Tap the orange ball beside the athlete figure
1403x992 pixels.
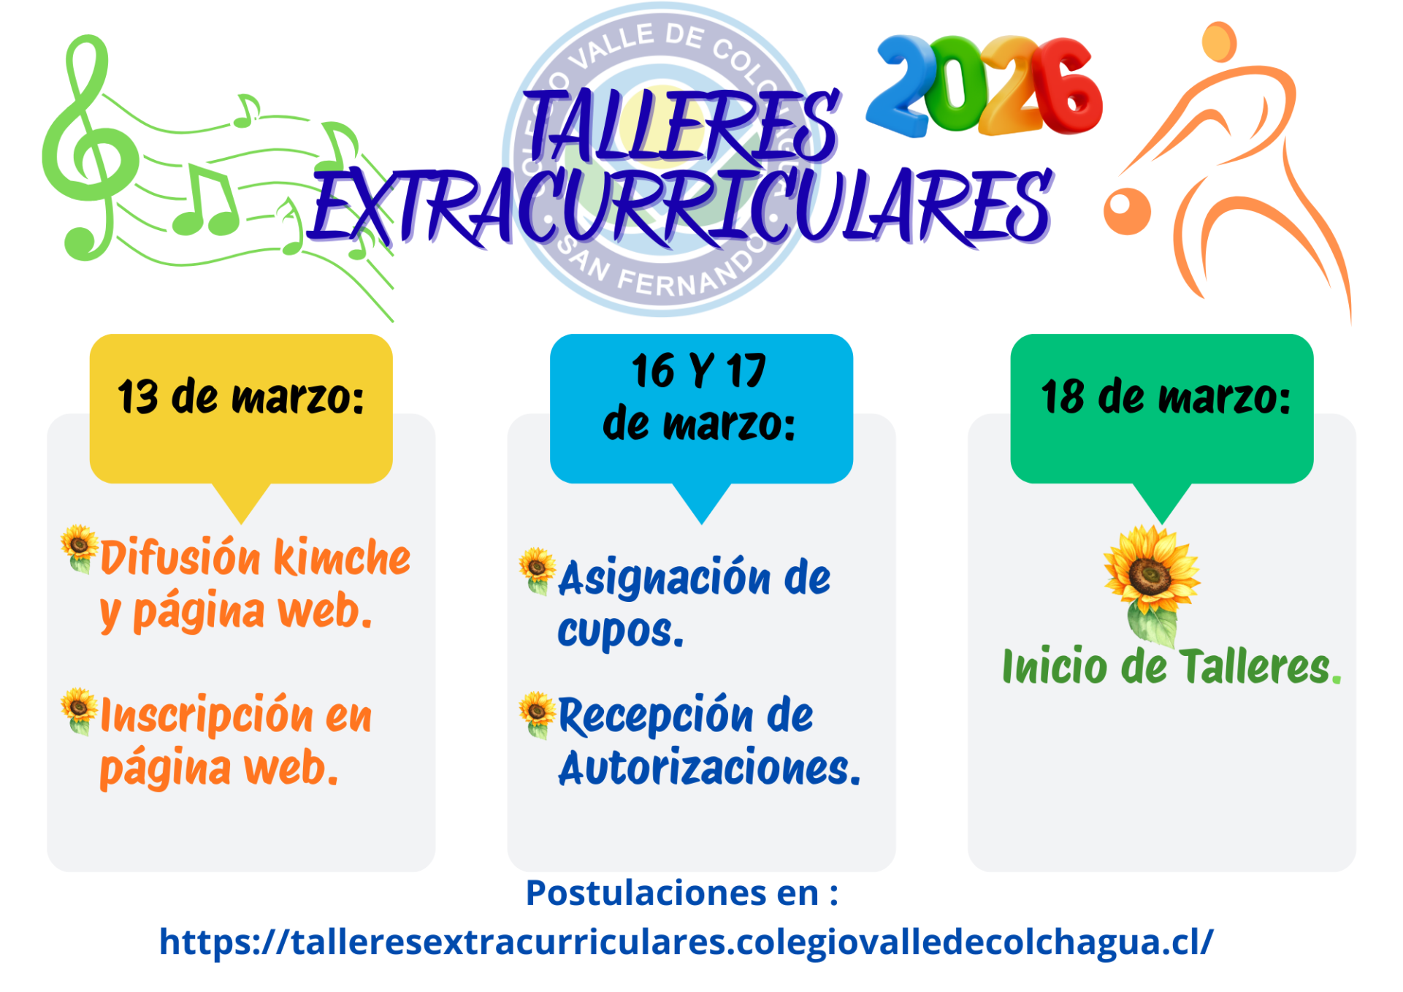[x=1127, y=211]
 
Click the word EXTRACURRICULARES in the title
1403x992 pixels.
[x=681, y=206]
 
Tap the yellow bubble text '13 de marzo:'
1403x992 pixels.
[x=241, y=397]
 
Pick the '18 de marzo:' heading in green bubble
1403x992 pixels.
[x=1166, y=397]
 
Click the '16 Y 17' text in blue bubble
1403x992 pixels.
[x=699, y=370]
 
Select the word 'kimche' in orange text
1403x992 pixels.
[x=343, y=557]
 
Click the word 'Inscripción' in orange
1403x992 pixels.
[x=207, y=716]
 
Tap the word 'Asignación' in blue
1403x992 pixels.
[x=664, y=579]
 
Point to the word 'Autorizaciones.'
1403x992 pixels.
[x=709, y=768]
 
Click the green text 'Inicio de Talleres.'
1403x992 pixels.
[x=1171, y=666]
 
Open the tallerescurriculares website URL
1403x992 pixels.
[x=687, y=942]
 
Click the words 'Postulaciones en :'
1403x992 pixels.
[x=682, y=893]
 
